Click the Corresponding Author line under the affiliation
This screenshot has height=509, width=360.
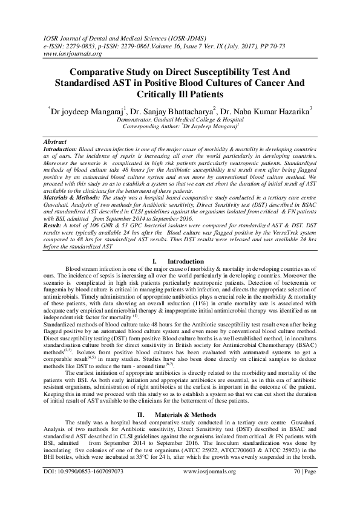pos(180,128)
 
